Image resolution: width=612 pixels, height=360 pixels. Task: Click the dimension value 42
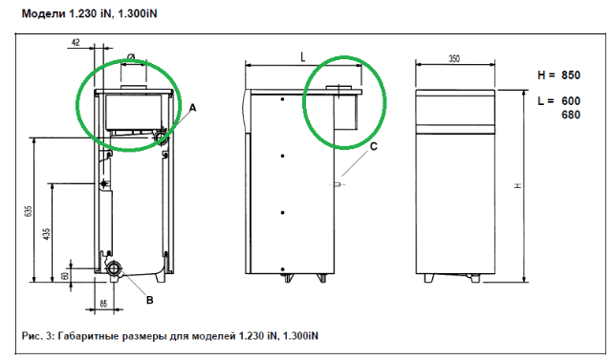(76, 42)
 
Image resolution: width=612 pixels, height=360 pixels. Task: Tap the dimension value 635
(28, 211)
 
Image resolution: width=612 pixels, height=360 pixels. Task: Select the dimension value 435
(47, 234)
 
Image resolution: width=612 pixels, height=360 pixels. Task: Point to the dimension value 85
(103, 303)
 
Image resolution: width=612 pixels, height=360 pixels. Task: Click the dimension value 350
(454, 59)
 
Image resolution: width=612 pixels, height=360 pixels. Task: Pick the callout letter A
(192, 108)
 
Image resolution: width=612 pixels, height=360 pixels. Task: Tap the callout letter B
(150, 300)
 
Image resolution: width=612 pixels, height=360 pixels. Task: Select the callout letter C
(374, 146)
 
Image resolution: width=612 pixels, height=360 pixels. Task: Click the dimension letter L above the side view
(303, 57)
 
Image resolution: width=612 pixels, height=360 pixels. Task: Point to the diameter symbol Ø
(131, 57)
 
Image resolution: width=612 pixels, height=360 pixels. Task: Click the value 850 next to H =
(571, 74)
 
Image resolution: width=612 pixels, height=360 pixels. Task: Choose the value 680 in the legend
(571, 115)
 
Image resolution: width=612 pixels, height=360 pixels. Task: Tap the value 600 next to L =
(571, 101)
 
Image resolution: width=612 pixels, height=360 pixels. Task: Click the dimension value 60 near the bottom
(65, 275)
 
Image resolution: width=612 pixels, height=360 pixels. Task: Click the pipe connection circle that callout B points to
(114, 268)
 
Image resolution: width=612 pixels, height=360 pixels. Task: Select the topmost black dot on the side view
(283, 99)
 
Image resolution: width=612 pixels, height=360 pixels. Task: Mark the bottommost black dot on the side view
(283, 269)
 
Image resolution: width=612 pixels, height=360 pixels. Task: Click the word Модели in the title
(44, 13)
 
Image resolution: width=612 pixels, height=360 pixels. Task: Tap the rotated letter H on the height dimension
(518, 185)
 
